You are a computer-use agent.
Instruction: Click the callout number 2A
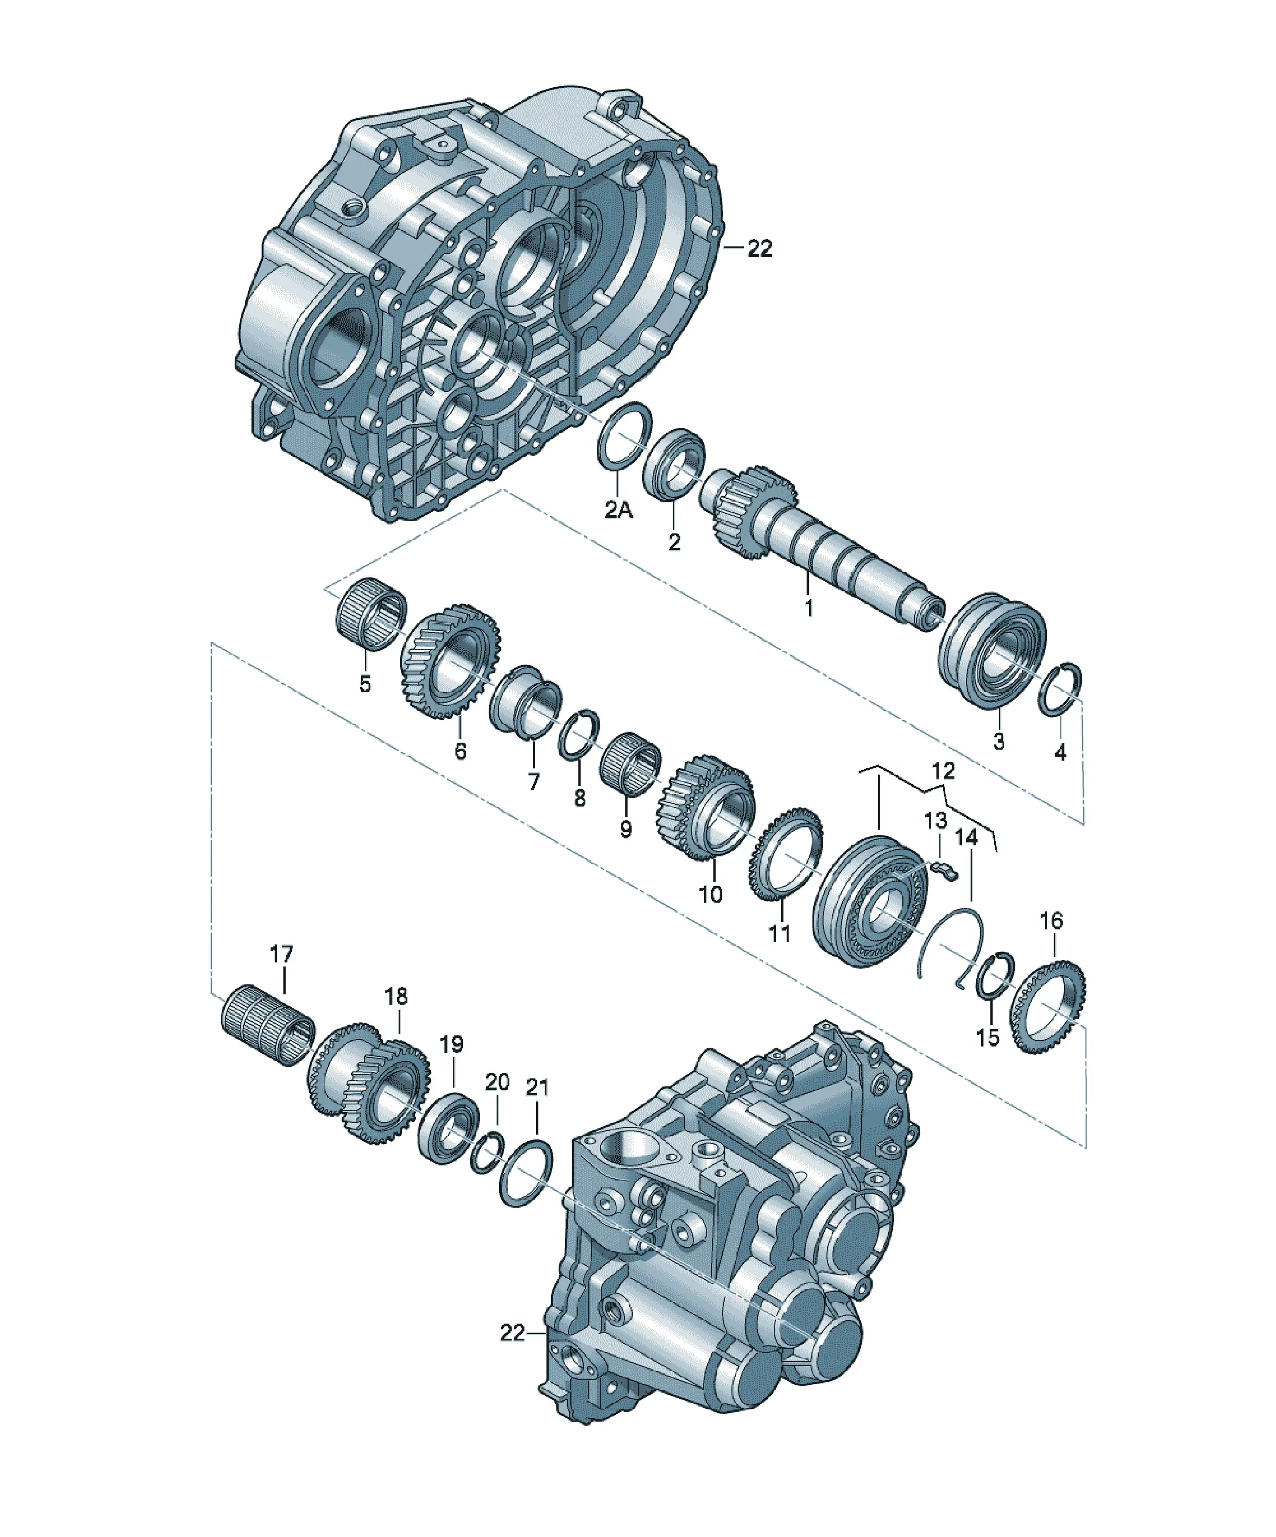click(618, 510)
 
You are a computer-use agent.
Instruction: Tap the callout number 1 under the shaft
click(808, 608)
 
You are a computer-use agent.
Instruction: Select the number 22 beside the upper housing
click(760, 249)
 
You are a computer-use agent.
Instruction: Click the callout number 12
click(944, 771)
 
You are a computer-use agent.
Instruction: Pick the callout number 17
click(281, 954)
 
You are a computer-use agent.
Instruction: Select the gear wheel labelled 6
click(449, 661)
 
